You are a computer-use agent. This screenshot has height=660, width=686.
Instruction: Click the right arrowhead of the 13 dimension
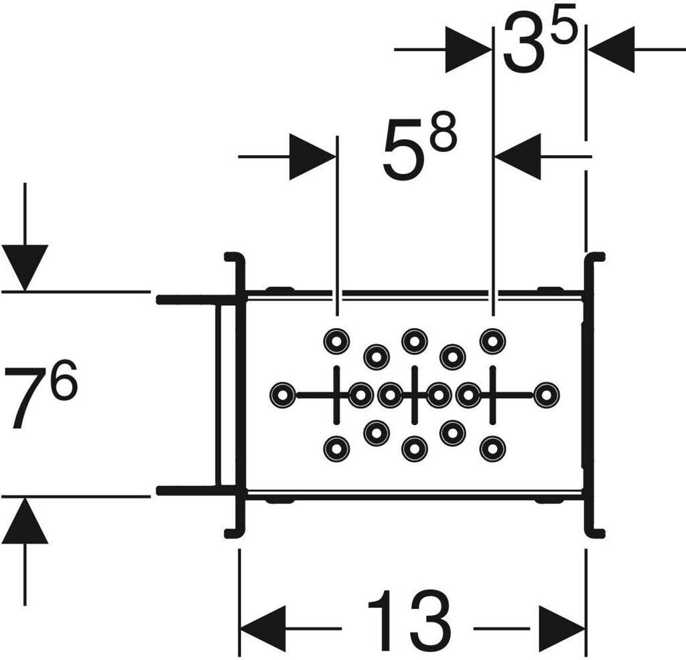[x=562, y=629]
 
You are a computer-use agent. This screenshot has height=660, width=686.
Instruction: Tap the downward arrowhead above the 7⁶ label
[x=25, y=266]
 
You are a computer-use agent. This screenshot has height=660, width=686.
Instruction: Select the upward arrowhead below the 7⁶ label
[x=25, y=522]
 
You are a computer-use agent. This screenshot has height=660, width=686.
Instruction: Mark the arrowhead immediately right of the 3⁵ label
[x=611, y=50]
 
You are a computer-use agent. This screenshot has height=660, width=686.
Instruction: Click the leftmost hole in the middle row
[x=282, y=395]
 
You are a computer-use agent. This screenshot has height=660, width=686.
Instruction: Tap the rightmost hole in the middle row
[x=547, y=395]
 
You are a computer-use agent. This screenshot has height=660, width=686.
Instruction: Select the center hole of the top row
[x=415, y=341]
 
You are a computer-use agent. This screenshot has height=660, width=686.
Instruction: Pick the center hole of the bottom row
[x=415, y=448]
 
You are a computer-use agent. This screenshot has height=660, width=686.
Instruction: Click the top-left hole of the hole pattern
[x=336, y=341]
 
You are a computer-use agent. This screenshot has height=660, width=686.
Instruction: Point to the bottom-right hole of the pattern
[x=492, y=448]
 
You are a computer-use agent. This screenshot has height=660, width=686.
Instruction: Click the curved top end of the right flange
[x=596, y=257]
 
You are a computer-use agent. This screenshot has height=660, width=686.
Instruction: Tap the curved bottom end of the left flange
[x=231, y=533]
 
